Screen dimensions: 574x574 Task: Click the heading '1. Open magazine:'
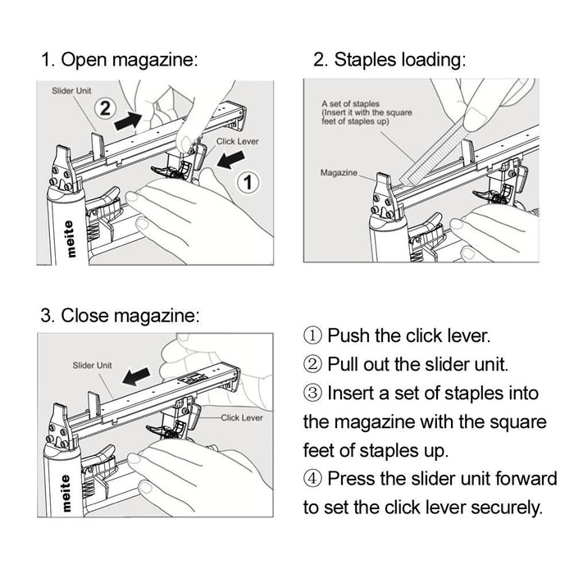pos(120,60)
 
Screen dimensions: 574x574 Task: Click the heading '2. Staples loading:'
pos(389,60)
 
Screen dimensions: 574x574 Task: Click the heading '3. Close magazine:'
pos(120,316)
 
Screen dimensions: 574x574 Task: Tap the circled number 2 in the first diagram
pos(103,107)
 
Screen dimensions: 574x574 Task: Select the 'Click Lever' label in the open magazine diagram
pos(237,142)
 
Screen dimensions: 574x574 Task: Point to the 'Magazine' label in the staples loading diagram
pos(339,172)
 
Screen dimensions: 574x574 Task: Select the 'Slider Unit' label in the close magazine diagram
pos(92,365)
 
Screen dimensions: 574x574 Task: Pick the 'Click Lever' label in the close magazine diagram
pos(241,417)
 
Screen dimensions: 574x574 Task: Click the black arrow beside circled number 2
pos(134,119)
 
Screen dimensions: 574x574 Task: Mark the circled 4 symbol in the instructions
pos(313,478)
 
